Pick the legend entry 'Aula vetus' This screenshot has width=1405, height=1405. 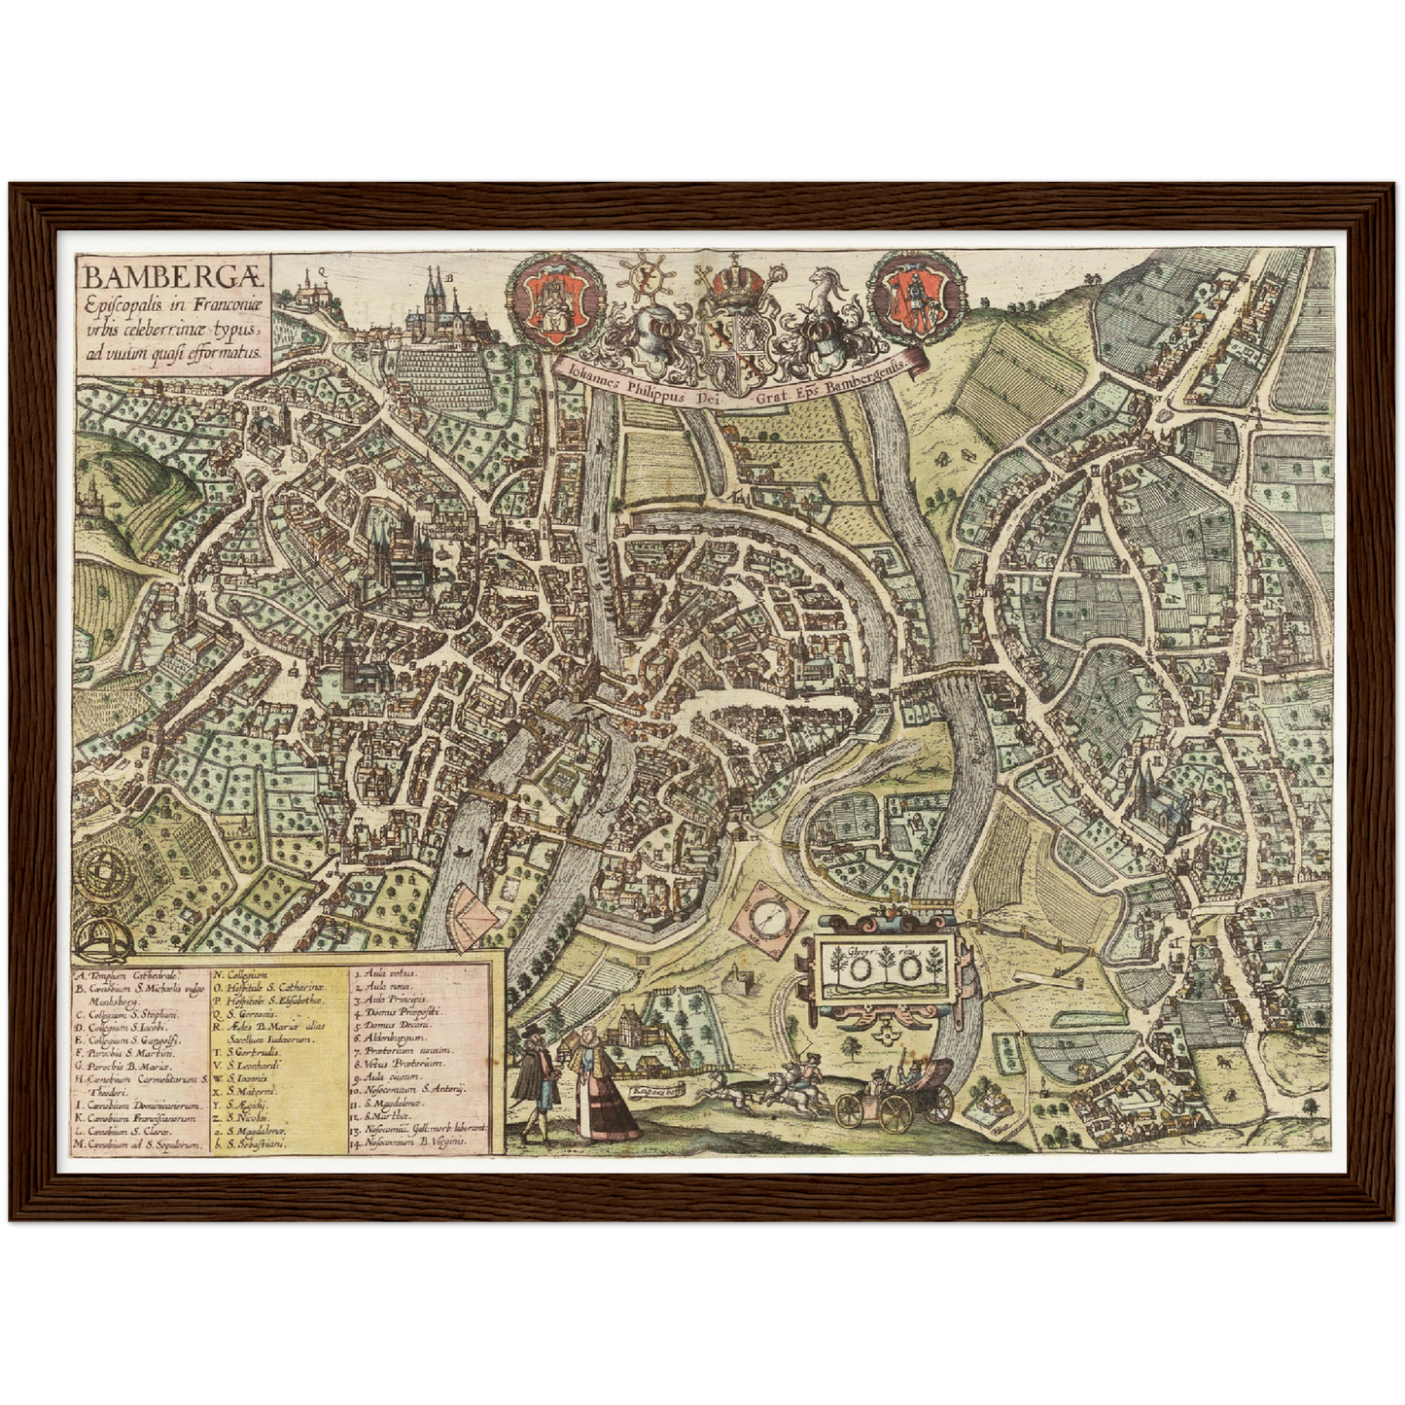(389, 972)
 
